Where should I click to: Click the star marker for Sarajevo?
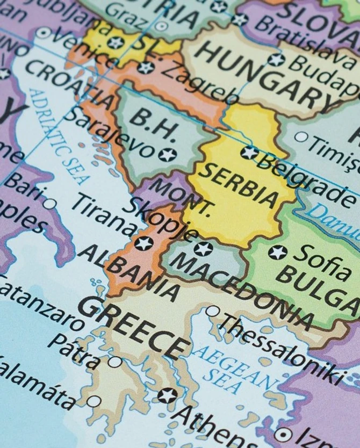(168, 155)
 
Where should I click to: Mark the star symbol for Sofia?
(278, 252)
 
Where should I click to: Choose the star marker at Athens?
(168, 396)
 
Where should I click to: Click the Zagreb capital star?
(145, 67)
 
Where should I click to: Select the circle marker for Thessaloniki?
(212, 311)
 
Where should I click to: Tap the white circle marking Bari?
(49, 204)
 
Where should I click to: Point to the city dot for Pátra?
(114, 362)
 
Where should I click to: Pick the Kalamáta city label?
(35, 385)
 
